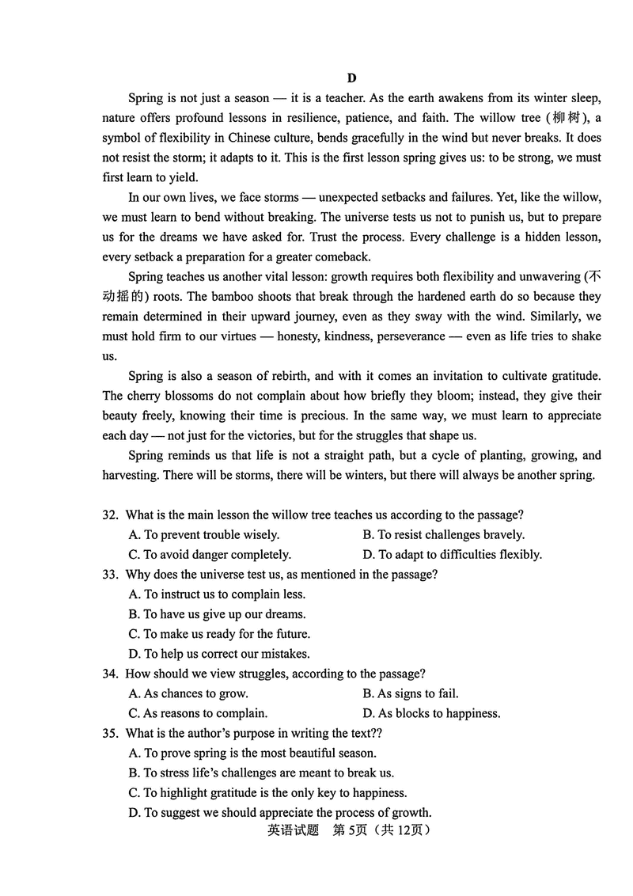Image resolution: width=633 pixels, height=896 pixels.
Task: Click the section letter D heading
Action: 351,78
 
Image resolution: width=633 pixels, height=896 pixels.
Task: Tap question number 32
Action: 110,514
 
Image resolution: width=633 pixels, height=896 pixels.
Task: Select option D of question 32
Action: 452,554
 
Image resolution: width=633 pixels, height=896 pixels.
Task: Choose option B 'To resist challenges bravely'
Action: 443,534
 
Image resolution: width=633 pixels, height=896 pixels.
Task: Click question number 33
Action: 110,574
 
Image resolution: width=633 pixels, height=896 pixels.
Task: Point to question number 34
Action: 110,674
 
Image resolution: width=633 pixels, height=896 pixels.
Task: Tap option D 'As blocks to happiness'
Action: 431,713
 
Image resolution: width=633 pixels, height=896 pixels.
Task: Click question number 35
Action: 110,733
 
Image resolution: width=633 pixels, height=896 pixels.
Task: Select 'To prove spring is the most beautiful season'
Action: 252,753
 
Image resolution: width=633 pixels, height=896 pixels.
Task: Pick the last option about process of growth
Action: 279,812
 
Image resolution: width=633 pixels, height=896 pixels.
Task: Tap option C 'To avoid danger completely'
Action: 210,554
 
